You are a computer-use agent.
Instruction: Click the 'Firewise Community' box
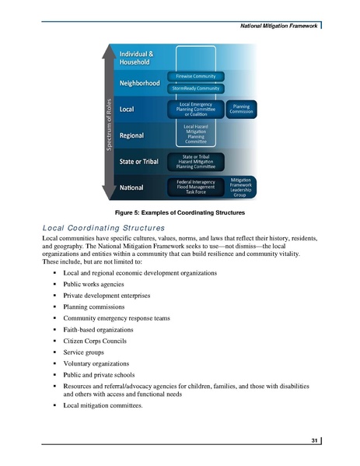coord(197,76)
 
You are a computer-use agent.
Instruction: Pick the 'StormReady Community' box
coord(197,89)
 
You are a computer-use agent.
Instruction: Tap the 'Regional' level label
coord(135,135)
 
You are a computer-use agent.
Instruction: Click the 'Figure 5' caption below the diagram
coord(180,212)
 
